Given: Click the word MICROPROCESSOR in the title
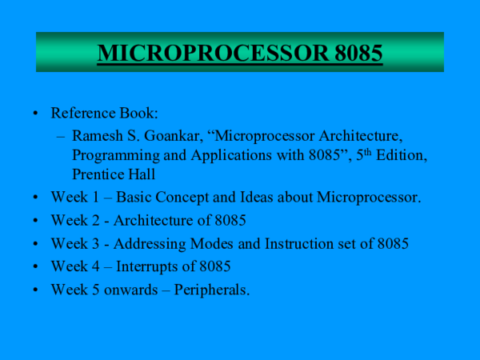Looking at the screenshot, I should (206, 54).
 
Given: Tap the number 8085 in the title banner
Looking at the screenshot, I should (350, 54).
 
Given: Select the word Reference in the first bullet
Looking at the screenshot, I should (84, 114).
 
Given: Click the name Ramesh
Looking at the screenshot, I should (97, 134).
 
